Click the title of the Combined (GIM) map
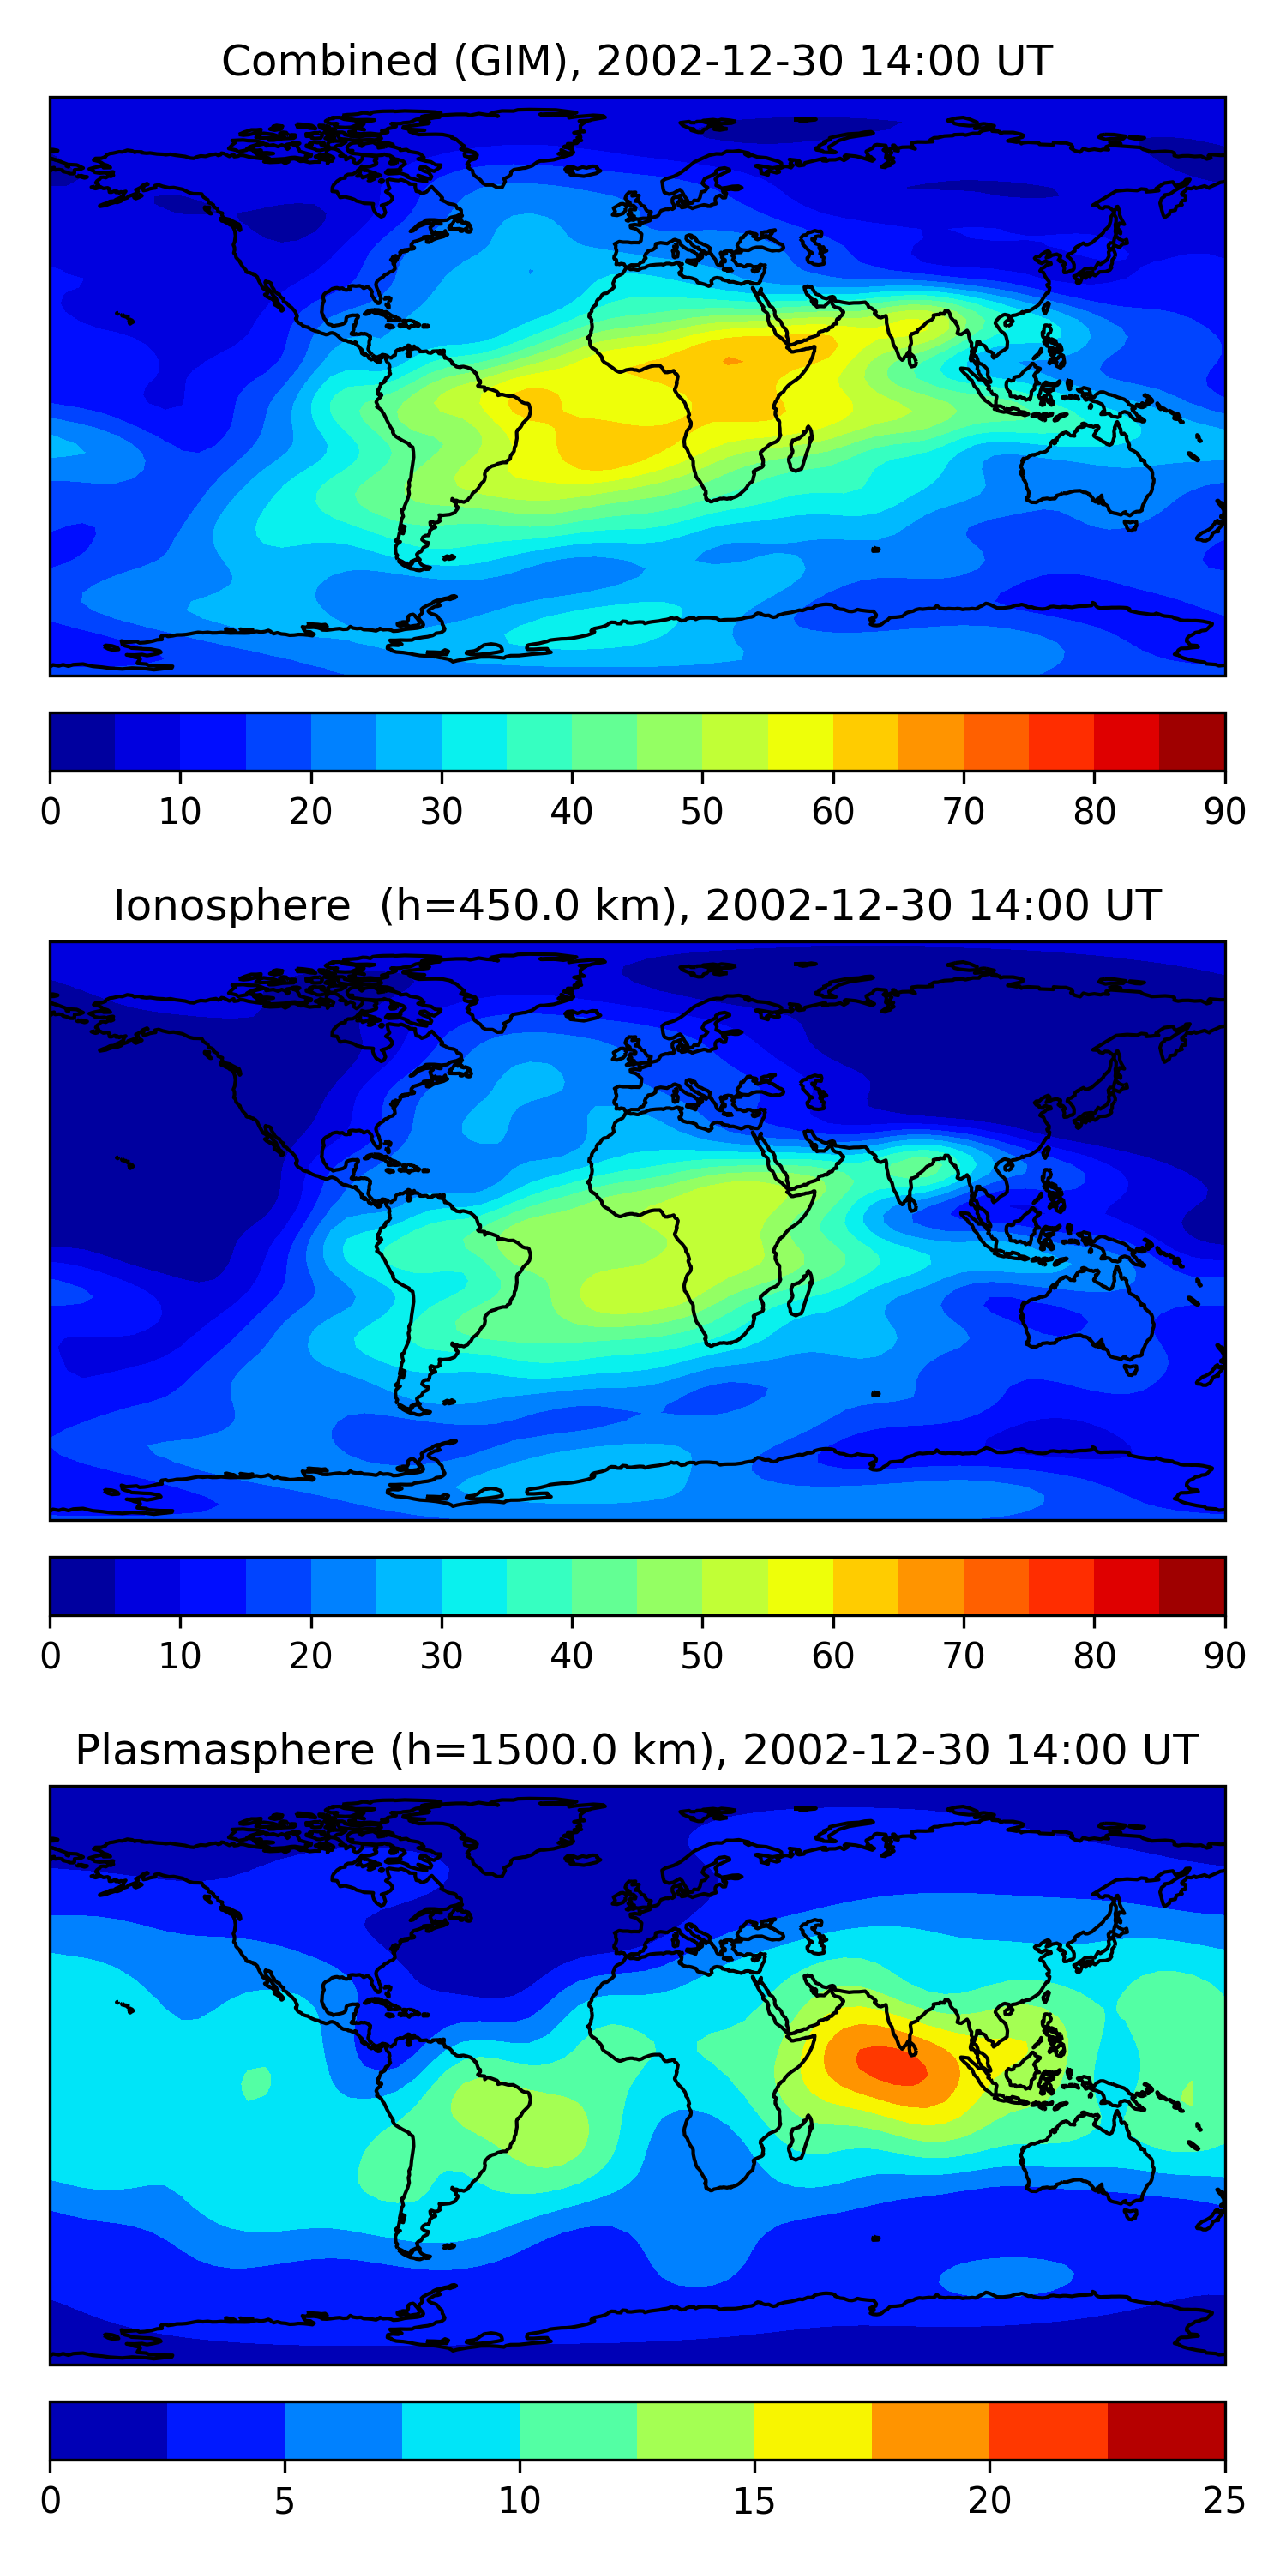point(636,61)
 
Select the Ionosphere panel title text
point(636,905)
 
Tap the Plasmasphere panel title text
point(636,1751)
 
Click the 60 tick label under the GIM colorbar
point(832,812)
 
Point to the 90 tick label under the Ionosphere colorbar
point(1224,1656)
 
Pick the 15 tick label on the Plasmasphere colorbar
point(754,2501)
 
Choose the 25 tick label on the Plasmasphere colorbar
point(1224,2501)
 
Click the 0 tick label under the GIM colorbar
point(51,812)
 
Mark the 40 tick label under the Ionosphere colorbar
point(571,1656)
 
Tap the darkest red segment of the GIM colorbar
point(1193,742)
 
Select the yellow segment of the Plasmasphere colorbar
point(813,2431)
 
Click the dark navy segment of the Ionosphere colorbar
point(83,1587)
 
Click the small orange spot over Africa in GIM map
point(732,360)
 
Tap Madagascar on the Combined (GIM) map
point(801,449)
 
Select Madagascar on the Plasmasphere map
point(801,2139)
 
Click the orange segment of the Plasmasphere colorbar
point(930,2431)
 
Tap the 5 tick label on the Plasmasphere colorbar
point(285,2501)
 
